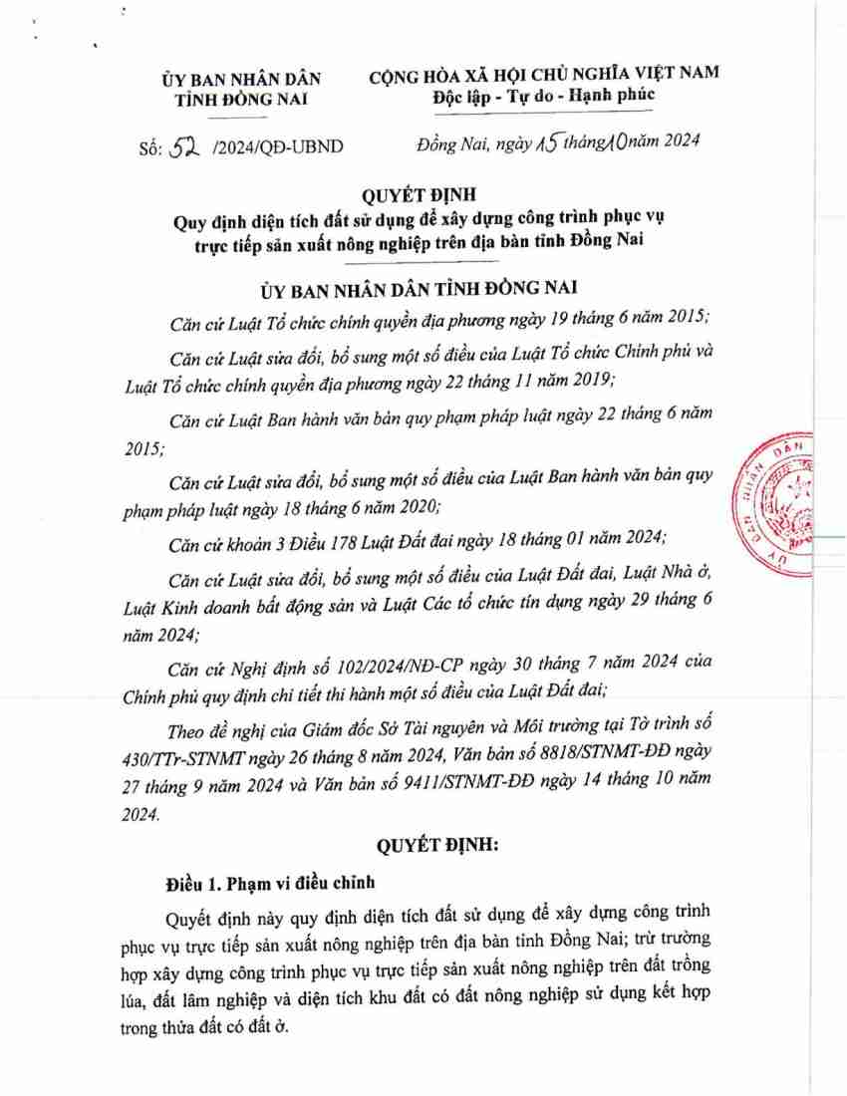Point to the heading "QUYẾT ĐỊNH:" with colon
435,845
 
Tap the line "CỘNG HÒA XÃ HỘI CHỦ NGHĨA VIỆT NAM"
544,75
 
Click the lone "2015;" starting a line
145,448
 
